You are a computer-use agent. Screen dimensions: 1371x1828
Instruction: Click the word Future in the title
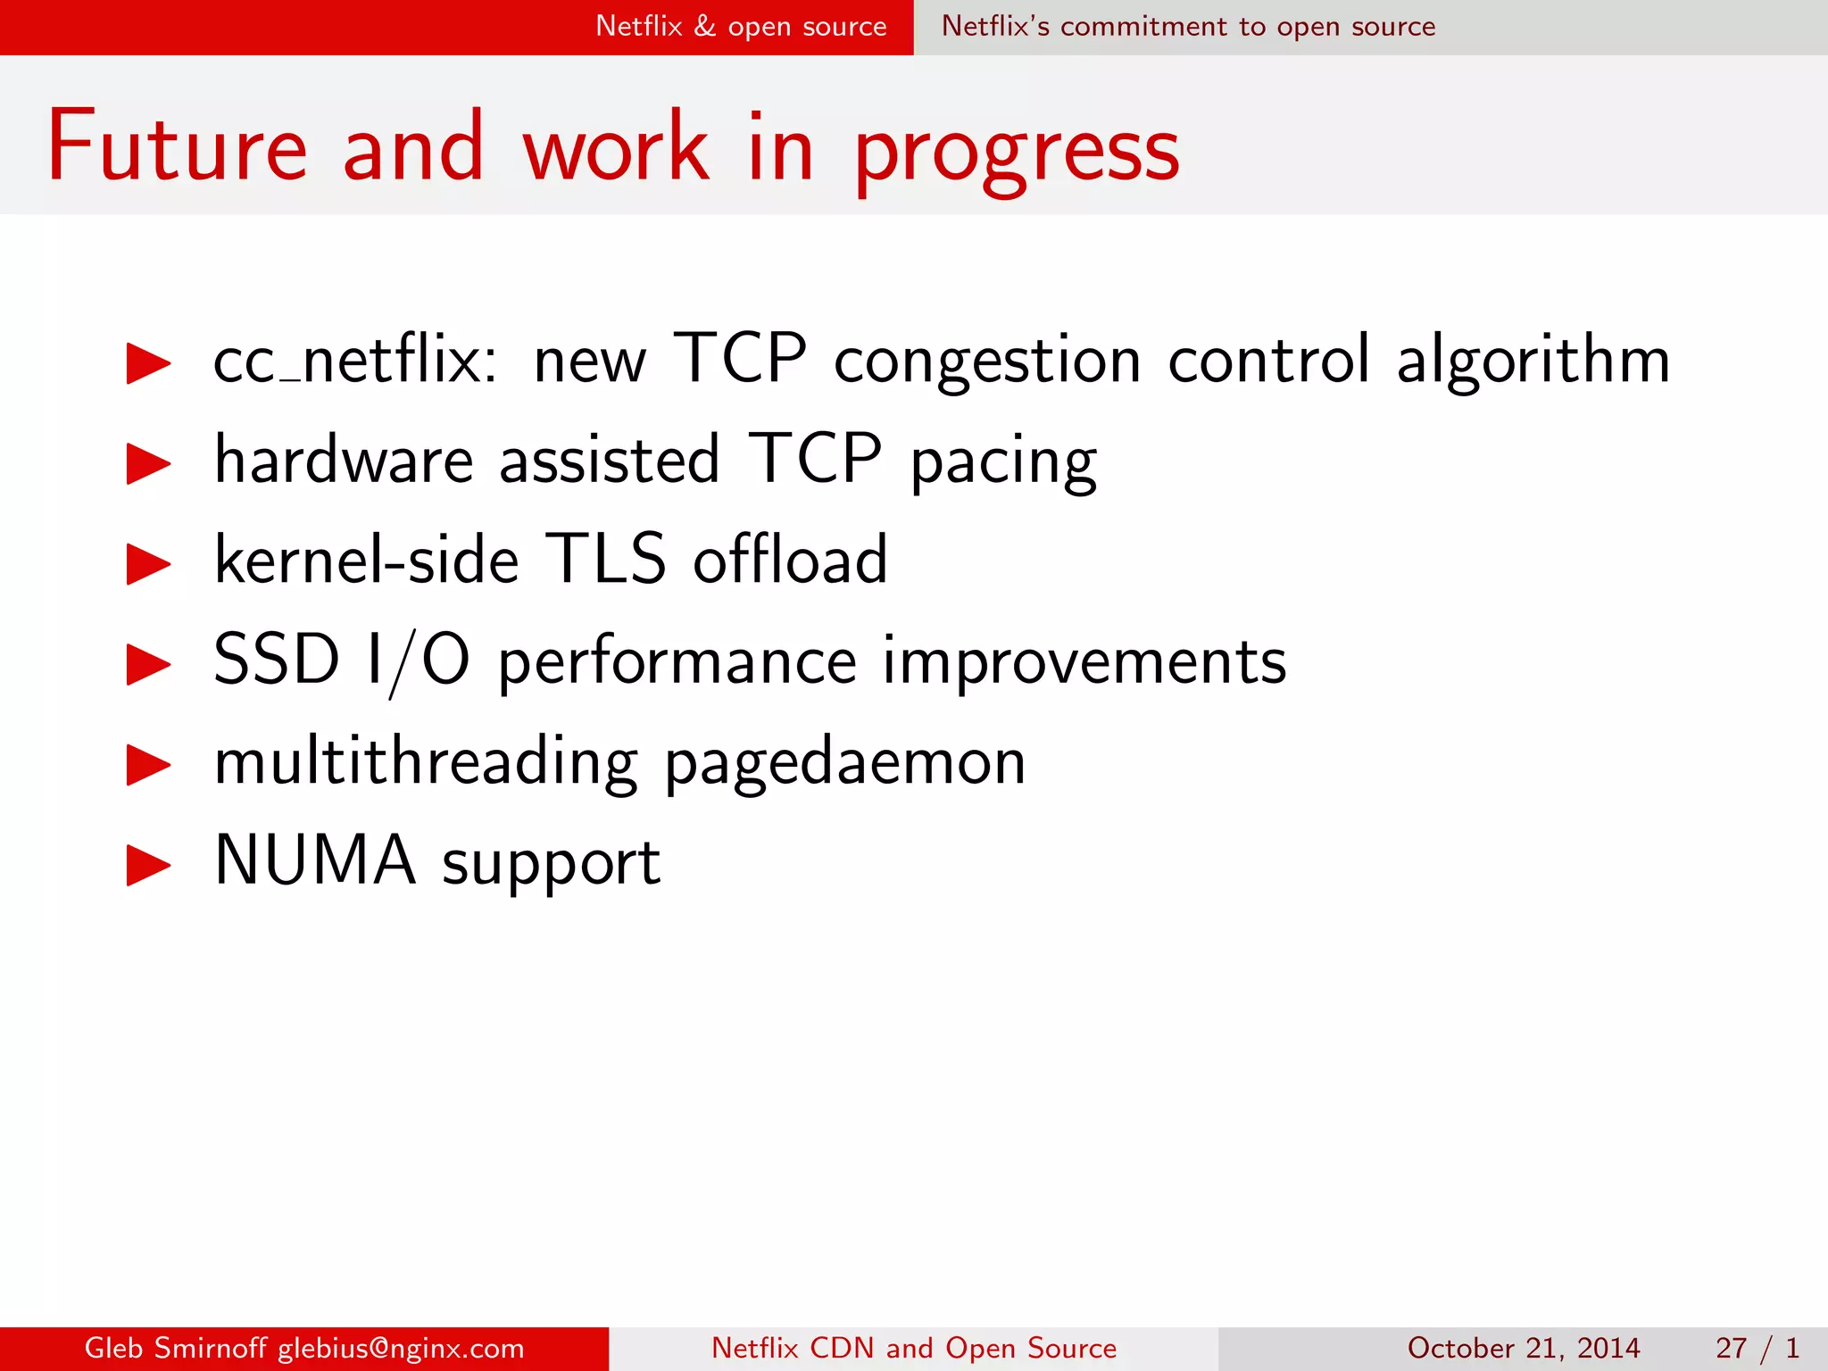pos(177,146)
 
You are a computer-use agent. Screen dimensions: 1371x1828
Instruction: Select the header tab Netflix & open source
pos(741,27)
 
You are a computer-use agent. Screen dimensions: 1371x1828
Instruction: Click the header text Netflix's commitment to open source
pos(1188,27)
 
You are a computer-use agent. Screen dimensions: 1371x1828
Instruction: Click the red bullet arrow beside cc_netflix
pos(148,363)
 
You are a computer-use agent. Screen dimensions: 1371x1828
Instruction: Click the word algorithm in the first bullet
pos(1532,361)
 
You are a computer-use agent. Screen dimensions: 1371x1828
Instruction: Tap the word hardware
pos(344,461)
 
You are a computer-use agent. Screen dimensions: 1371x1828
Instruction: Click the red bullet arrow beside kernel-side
pos(148,564)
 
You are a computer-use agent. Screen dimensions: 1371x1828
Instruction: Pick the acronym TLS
pos(605,560)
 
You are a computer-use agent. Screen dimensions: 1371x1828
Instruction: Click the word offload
pos(790,560)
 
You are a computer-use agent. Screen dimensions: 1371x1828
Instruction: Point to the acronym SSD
pos(277,660)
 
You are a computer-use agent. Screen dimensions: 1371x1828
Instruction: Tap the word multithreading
pos(426,763)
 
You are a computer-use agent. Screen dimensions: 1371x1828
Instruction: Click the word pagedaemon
pos(844,765)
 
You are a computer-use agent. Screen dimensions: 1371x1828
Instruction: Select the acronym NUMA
pos(315,860)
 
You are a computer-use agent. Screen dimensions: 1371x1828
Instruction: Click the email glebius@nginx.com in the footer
pos(401,1348)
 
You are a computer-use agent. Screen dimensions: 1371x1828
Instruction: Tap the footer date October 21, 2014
pos(1523,1348)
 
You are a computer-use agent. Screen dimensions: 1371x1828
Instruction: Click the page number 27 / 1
pos(1756,1348)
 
